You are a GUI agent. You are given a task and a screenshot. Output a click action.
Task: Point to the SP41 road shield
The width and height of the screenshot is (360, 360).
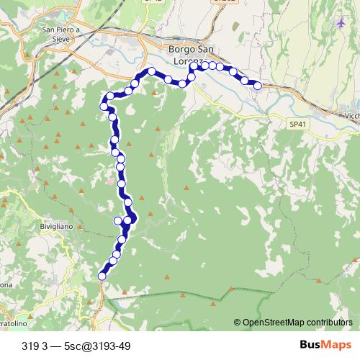[x=297, y=125]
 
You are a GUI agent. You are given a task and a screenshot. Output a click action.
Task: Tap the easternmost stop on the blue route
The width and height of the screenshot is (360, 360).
[x=257, y=86]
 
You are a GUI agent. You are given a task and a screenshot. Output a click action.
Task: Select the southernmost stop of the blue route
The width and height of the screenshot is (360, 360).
[x=102, y=275]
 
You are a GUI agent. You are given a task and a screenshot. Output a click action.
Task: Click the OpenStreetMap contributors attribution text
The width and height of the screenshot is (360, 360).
[x=297, y=322]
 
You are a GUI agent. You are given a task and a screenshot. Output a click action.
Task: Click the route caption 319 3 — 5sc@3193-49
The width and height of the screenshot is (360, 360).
[x=76, y=345]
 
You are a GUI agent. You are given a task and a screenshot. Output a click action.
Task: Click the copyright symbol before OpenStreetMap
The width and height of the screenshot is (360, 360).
[x=237, y=322]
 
